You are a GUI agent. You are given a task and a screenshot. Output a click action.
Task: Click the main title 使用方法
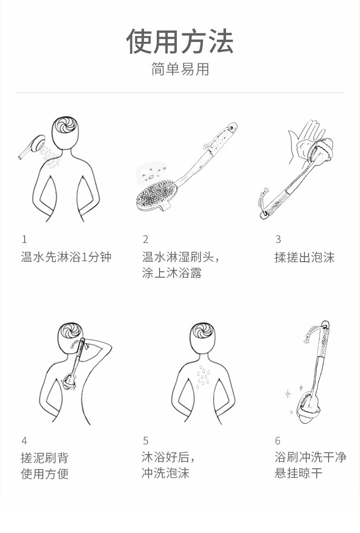pos(180,41)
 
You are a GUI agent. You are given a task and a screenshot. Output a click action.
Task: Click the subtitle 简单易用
pos(180,69)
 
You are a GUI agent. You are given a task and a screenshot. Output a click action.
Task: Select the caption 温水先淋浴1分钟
pos(66,257)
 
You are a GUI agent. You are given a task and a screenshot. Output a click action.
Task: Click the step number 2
pos(145,240)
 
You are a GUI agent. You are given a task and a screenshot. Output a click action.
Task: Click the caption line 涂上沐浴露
pos(172,273)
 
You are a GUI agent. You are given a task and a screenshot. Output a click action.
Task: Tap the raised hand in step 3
pos(303,141)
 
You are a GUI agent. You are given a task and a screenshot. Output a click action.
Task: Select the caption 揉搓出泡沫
pos(305,257)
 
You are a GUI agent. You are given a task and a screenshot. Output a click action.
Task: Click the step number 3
pos(278,240)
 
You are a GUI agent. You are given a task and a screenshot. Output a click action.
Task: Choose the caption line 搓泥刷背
pos(45,458)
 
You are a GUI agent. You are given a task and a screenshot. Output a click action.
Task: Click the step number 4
pos(24,441)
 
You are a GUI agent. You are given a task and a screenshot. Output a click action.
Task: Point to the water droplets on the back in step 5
pos(203,377)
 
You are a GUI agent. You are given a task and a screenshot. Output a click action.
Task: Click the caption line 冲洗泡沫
pos(165,473)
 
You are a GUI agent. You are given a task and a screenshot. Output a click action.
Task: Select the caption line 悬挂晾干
pos(298,473)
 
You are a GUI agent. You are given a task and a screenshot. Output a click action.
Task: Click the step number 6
pos(278,441)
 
